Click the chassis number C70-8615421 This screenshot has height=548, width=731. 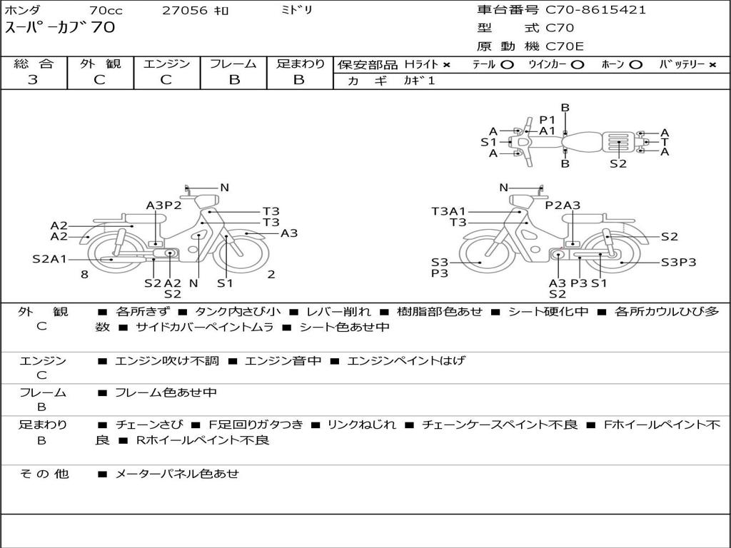[x=596, y=10]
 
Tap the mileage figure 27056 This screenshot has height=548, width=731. [x=185, y=11]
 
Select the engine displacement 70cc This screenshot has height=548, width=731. [x=106, y=11]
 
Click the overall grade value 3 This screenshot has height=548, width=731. [x=33, y=80]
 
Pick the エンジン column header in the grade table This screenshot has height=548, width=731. [x=166, y=64]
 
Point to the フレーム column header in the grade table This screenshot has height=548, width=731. [x=233, y=64]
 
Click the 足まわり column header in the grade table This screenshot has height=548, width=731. [x=300, y=64]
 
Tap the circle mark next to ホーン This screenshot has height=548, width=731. [x=636, y=65]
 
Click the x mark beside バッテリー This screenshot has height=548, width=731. [x=712, y=65]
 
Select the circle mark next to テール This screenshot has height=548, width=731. [x=507, y=65]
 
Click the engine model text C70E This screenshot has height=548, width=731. [x=565, y=47]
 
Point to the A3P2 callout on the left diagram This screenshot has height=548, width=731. [x=163, y=205]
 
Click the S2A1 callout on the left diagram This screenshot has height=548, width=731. [x=49, y=259]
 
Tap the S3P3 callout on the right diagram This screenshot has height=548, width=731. [x=678, y=262]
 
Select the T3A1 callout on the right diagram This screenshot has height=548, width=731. [x=448, y=211]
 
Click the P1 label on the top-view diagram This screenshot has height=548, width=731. [x=548, y=119]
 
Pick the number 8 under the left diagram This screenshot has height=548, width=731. [x=84, y=274]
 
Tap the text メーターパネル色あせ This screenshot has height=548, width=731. [x=177, y=474]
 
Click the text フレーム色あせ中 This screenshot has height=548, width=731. [x=166, y=392]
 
